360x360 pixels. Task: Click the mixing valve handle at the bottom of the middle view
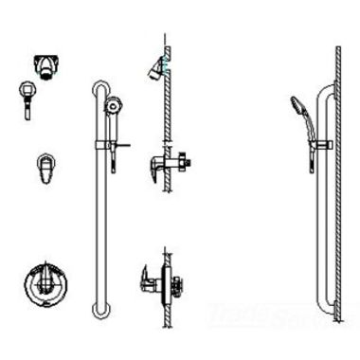(x=150, y=277)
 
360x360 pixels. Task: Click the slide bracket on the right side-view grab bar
(x=325, y=144)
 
